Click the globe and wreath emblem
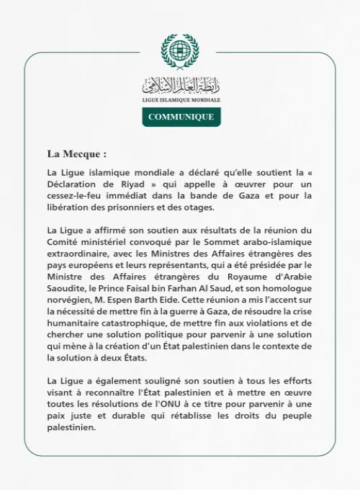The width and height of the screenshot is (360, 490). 180,50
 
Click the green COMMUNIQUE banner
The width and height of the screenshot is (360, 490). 180,116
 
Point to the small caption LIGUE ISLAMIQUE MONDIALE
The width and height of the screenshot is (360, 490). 180,99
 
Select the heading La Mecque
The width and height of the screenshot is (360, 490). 76,153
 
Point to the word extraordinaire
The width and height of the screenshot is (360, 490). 81,255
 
